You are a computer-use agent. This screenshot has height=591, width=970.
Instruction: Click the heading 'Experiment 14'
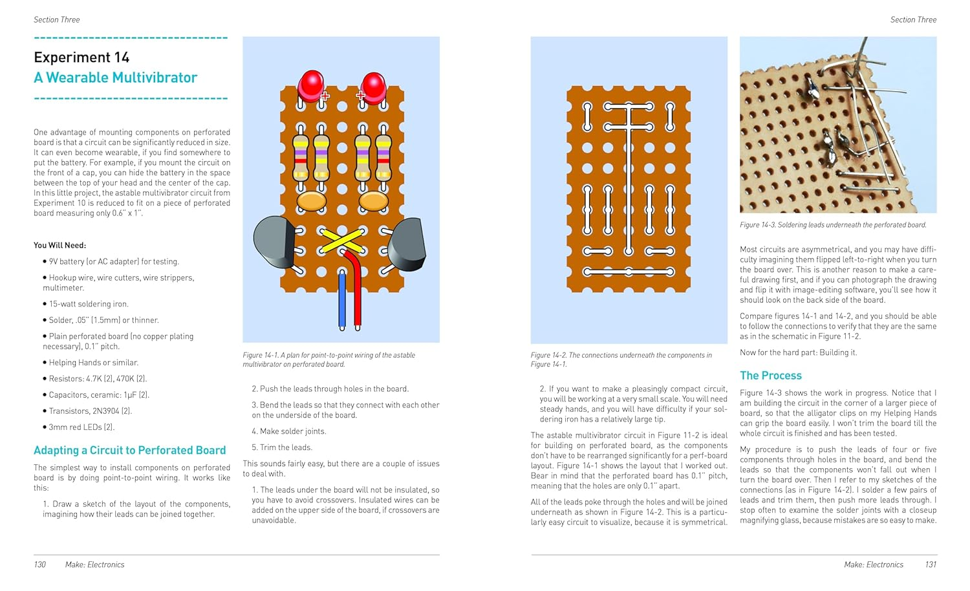click(81, 57)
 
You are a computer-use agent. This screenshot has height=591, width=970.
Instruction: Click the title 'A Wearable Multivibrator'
click(115, 78)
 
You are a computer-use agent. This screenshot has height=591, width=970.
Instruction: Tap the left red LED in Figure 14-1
click(311, 85)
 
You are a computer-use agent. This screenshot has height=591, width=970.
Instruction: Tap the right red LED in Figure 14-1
click(373, 85)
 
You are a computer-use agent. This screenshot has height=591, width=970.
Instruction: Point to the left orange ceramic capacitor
click(311, 200)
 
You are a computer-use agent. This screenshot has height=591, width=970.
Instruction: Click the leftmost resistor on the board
click(301, 156)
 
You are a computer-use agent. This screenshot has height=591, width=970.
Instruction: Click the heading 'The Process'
click(770, 376)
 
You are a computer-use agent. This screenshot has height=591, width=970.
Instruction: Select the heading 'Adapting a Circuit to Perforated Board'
click(129, 450)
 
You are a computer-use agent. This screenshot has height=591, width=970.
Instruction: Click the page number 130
click(39, 564)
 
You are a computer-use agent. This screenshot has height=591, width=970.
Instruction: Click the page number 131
click(930, 564)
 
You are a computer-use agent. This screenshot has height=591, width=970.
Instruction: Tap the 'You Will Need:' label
click(59, 245)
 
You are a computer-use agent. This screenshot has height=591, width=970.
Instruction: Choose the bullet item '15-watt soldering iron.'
click(89, 304)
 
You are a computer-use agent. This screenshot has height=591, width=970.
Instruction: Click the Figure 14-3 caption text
click(833, 225)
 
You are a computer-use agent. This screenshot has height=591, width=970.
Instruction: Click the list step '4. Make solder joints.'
click(288, 431)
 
